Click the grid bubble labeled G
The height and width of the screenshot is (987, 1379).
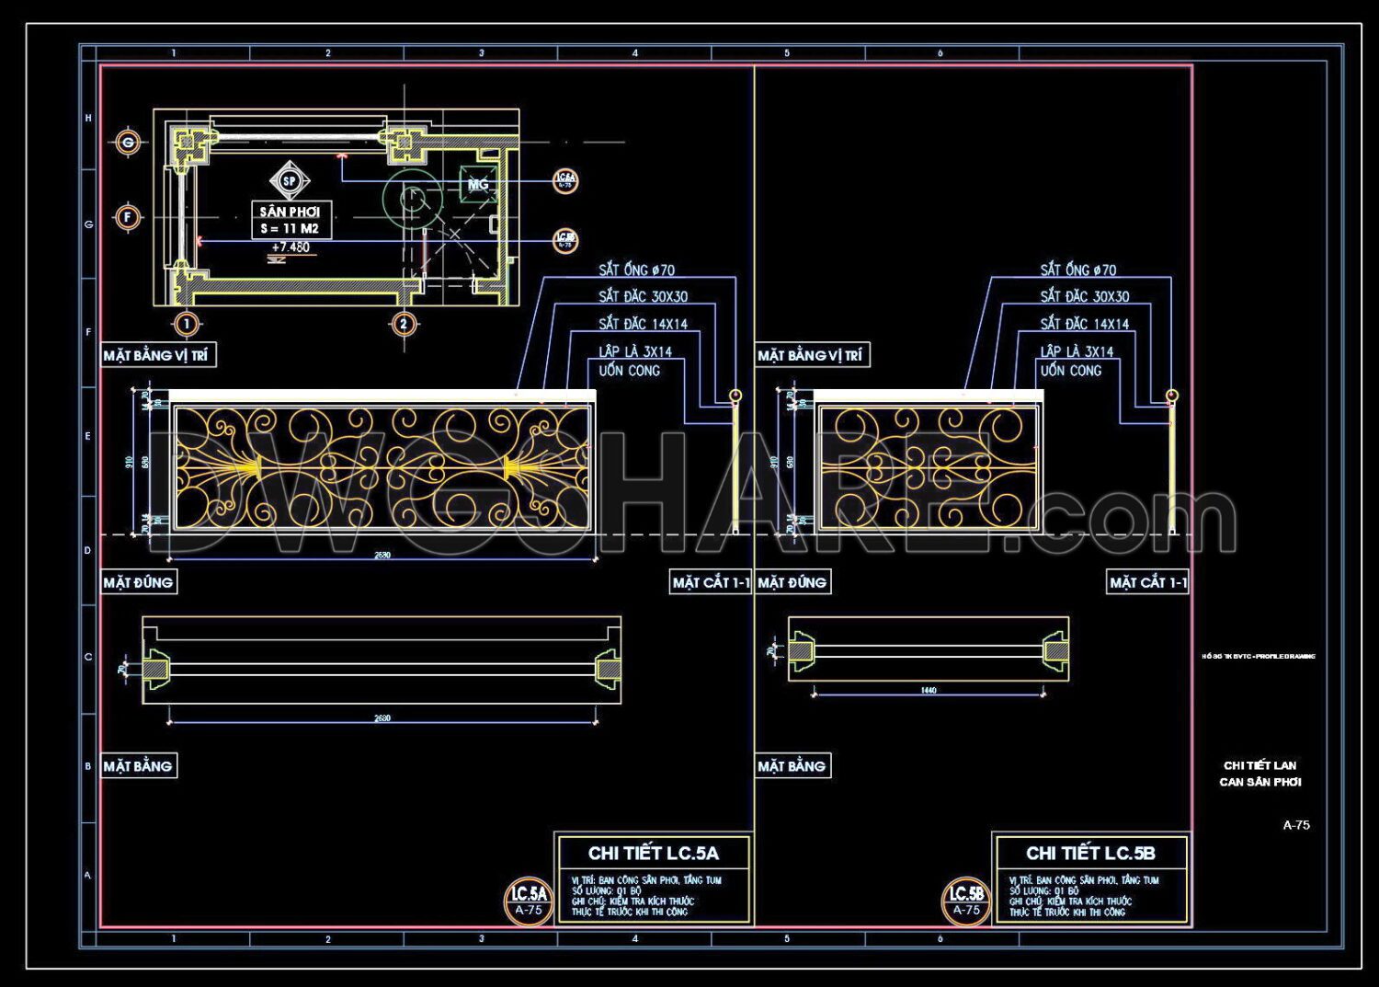coord(128,143)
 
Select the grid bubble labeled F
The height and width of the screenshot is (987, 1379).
coord(128,218)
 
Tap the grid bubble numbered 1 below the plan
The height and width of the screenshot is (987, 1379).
coord(187,324)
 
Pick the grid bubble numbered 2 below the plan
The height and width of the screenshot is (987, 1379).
coord(403,324)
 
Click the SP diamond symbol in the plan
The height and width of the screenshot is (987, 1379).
coord(290,181)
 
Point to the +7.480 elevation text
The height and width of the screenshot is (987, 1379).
coord(291,247)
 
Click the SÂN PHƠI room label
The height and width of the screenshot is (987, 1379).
coord(290,212)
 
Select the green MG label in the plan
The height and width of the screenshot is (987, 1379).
coord(478,185)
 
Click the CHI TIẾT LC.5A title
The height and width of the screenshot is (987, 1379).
coord(653,853)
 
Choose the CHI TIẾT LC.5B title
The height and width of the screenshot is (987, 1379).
coord(1090,853)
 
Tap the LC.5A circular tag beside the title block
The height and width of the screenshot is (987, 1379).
coord(529,900)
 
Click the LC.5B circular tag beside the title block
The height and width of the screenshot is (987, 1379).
coord(966,900)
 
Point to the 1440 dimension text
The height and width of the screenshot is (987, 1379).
coord(929,690)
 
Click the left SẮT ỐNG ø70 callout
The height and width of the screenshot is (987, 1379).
coord(636,270)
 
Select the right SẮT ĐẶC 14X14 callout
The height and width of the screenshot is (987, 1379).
coord(1084,324)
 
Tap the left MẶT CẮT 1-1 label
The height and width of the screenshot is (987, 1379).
coord(711,582)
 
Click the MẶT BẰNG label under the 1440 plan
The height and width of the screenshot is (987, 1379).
coord(792,766)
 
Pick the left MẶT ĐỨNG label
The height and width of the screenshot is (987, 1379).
coord(138,582)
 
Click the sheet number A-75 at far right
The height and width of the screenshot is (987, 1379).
coord(1296,825)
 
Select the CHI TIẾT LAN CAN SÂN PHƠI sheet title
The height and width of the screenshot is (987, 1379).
coord(1260,774)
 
